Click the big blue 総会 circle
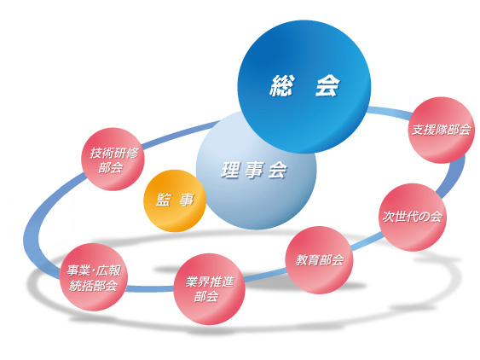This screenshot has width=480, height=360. click(304, 87)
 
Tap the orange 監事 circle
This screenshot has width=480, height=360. click(175, 200)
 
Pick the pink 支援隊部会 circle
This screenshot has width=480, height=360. click(441, 130)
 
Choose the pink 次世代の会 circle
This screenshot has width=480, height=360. click(413, 217)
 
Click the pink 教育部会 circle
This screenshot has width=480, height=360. click(319, 260)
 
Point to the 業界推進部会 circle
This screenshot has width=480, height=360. click(210, 289)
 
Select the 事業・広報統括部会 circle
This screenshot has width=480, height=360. click(94, 277)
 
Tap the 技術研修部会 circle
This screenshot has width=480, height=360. click(113, 159)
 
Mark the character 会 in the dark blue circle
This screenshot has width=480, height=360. click(327, 86)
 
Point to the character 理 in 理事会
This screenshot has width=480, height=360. click(230, 170)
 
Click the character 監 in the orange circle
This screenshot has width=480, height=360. click(163, 200)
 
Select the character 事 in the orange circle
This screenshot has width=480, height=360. click(187, 200)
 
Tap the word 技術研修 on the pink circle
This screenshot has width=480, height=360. click(114, 153)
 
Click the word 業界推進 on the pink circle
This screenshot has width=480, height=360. click(210, 282)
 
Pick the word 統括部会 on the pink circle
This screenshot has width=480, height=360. click(94, 286)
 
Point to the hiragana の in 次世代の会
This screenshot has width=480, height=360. click(425, 217)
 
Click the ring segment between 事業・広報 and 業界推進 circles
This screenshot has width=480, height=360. click(150, 288)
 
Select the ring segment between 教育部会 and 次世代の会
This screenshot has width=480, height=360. click(366, 241)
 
